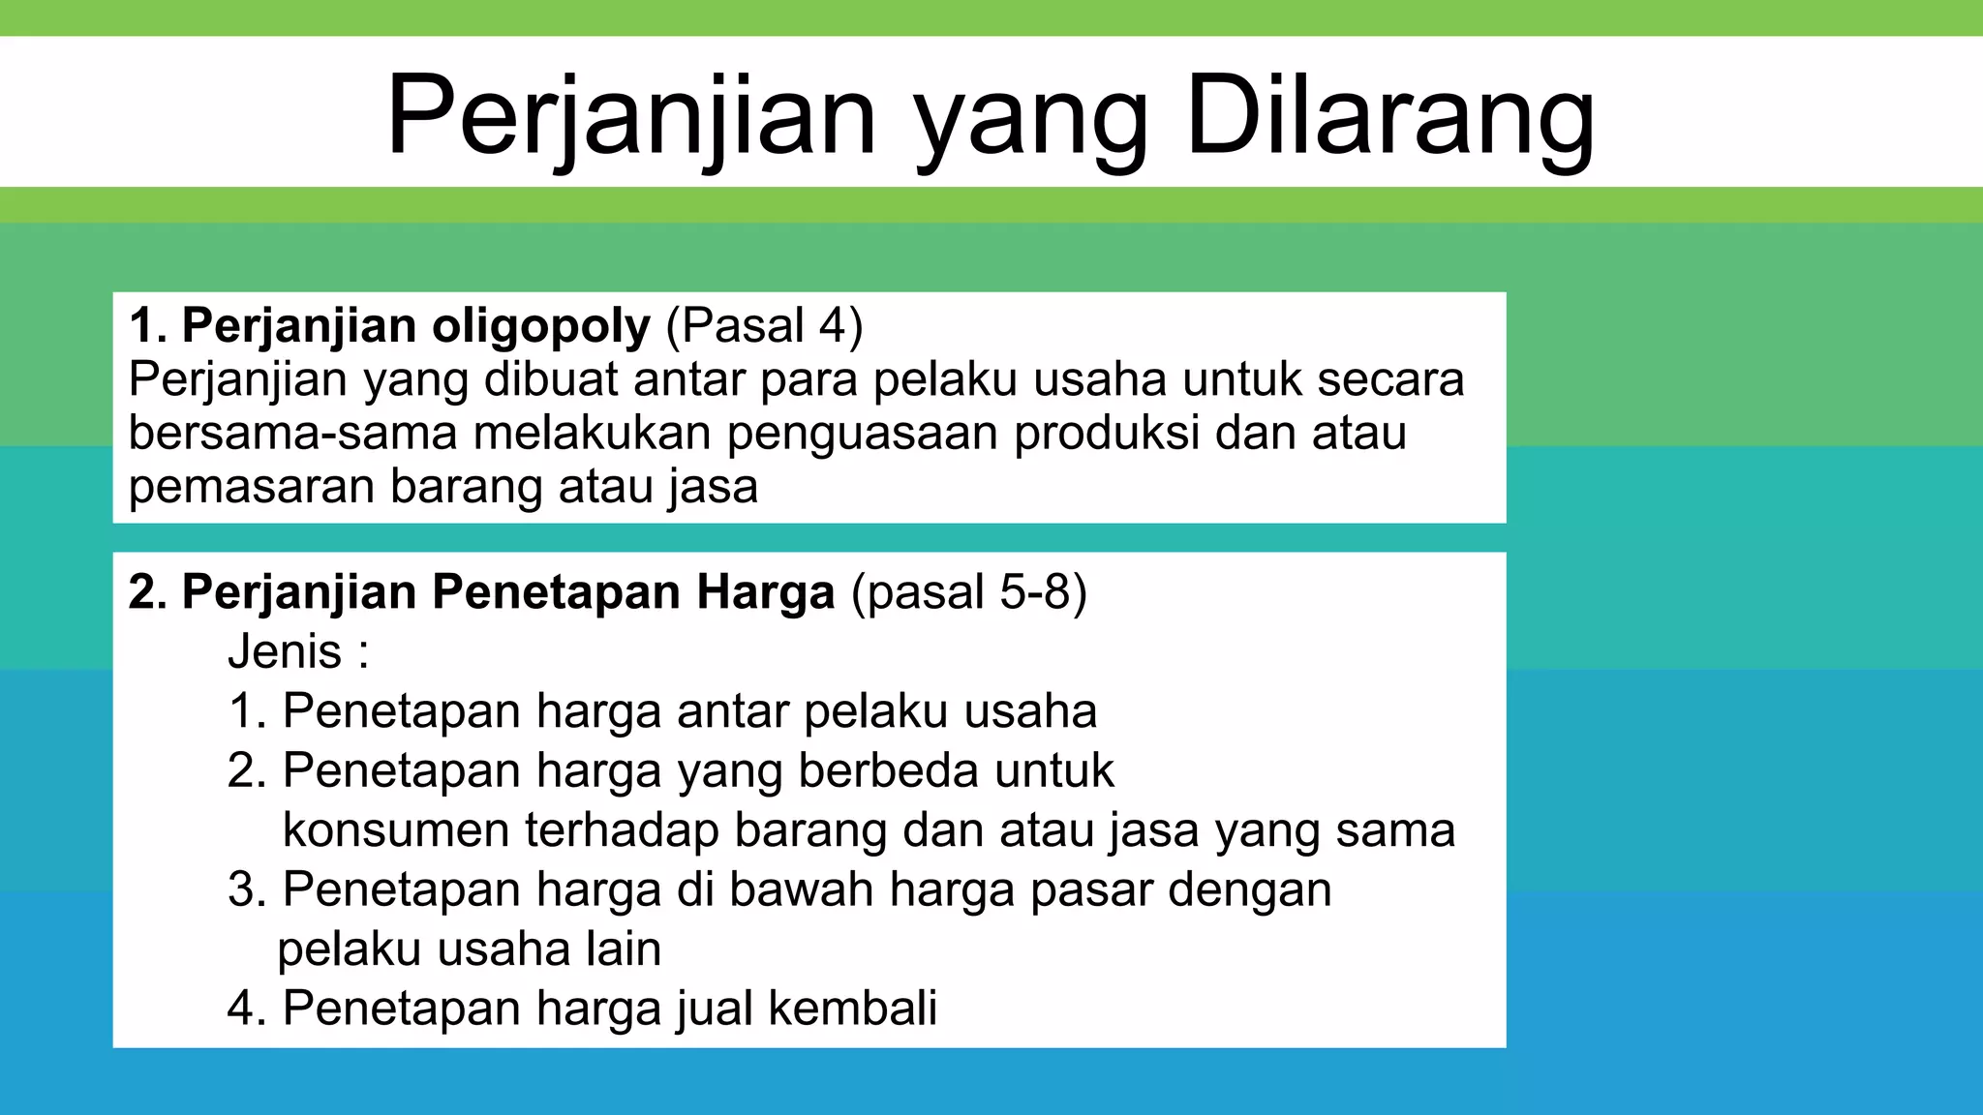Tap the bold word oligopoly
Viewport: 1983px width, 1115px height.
(541, 326)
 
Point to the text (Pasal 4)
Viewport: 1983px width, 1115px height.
(764, 326)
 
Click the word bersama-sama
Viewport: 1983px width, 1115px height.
(292, 433)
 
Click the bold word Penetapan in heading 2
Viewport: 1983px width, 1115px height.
(555, 591)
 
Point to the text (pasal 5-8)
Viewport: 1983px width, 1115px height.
(968, 591)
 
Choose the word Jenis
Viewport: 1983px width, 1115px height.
(285, 651)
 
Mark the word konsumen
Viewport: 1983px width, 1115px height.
(396, 830)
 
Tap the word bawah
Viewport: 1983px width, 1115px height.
(802, 889)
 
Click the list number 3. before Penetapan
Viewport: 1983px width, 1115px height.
(247, 889)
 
